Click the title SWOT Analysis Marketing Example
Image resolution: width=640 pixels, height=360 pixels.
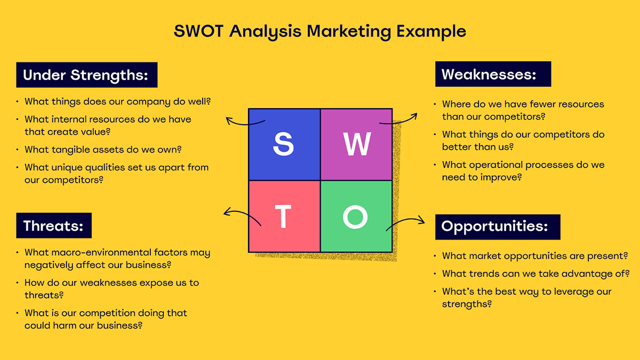coord(320,31)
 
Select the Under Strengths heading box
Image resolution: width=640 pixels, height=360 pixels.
coord(86,75)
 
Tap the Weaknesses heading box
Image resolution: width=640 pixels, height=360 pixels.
coord(493,74)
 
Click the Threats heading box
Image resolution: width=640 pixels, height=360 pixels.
coord(54,226)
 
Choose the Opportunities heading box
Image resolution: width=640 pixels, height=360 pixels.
coord(498,227)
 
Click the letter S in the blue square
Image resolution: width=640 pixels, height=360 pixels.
coord(284,145)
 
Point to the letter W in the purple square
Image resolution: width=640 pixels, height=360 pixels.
coord(356,145)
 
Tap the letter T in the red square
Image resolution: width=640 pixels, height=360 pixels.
coord(283,217)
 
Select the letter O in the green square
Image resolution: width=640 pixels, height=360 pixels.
coord(356,217)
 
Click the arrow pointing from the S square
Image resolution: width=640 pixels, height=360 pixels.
coord(244,122)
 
